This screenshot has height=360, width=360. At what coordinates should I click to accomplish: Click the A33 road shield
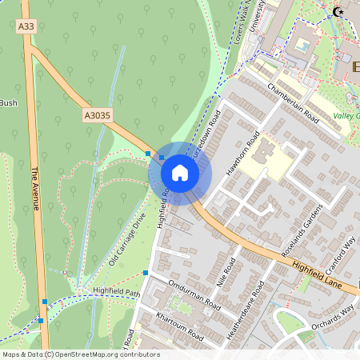tap(26, 27)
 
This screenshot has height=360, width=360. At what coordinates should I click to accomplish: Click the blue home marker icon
tap(180, 173)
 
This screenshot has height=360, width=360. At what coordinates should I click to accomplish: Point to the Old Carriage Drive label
tap(127, 241)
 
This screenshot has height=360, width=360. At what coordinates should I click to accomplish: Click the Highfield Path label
tap(116, 290)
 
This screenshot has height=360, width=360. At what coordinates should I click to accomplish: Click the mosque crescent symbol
tap(338, 12)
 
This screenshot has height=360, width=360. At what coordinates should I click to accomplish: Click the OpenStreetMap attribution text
tap(81, 354)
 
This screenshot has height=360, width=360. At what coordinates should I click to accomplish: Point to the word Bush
tap(8, 102)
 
